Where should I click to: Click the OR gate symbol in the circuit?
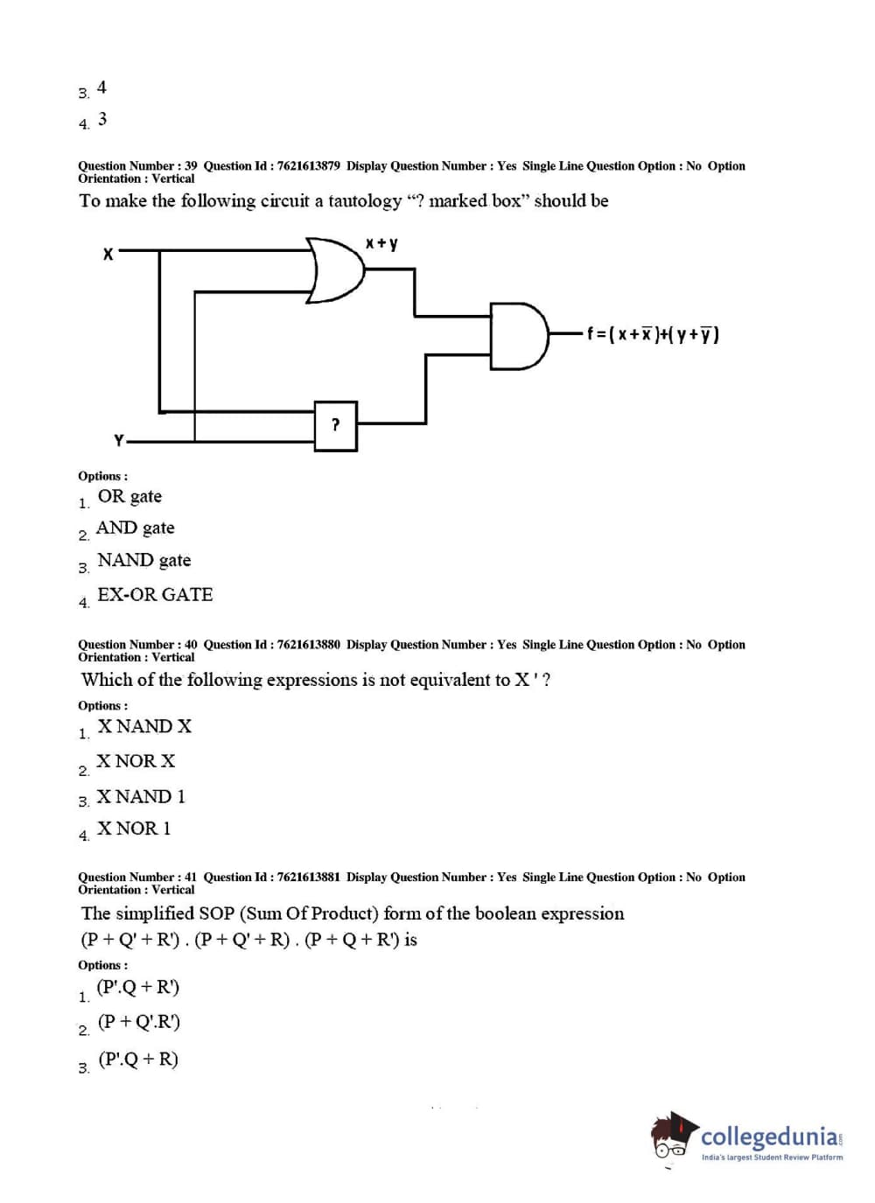point(336,269)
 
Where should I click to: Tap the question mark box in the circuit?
point(336,426)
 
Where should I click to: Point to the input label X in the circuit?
point(108,255)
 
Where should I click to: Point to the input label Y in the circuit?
point(119,440)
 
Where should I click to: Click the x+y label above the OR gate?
point(381,242)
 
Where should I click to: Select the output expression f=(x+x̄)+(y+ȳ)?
point(653,333)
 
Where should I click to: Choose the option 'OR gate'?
point(129,497)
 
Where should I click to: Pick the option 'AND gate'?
point(136,528)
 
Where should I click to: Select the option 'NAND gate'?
point(144,561)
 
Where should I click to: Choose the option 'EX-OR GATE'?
point(155,595)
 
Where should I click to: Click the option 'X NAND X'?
point(144,727)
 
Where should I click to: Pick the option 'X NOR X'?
point(136,762)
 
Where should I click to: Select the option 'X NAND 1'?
point(141,797)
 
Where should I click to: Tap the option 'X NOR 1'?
point(134,829)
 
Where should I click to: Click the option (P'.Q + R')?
point(138,988)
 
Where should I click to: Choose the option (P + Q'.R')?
point(139,1022)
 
